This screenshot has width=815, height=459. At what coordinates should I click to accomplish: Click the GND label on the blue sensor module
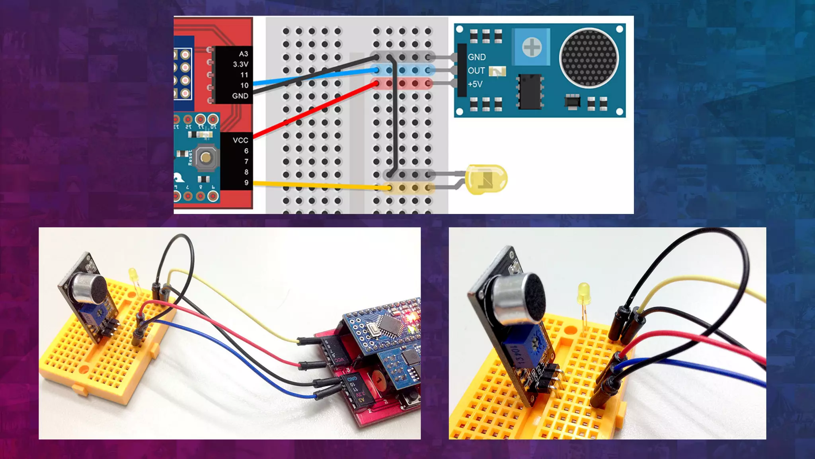coord(476,57)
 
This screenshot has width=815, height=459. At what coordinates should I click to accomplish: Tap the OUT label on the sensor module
coord(476,71)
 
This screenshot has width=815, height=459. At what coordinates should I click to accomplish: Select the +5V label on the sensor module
coord(475,84)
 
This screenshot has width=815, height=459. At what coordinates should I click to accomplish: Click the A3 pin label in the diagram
coord(244,54)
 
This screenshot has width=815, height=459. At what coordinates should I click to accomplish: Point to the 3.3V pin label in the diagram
coord(241,64)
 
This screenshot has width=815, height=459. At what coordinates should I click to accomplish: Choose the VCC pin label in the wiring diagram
coord(240,140)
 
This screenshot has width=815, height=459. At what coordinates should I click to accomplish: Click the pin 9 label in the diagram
coord(246,182)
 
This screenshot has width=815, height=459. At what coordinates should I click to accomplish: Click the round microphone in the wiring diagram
coord(589,58)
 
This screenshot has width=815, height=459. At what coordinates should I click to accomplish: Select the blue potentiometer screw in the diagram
coord(532,48)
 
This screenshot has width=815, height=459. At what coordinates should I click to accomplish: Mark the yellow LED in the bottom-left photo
coord(133,275)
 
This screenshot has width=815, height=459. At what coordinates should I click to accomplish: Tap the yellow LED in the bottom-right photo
coord(583,290)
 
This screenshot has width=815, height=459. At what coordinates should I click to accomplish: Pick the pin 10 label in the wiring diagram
coord(244,85)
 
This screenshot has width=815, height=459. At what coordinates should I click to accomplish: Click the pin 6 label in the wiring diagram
coord(246,151)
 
